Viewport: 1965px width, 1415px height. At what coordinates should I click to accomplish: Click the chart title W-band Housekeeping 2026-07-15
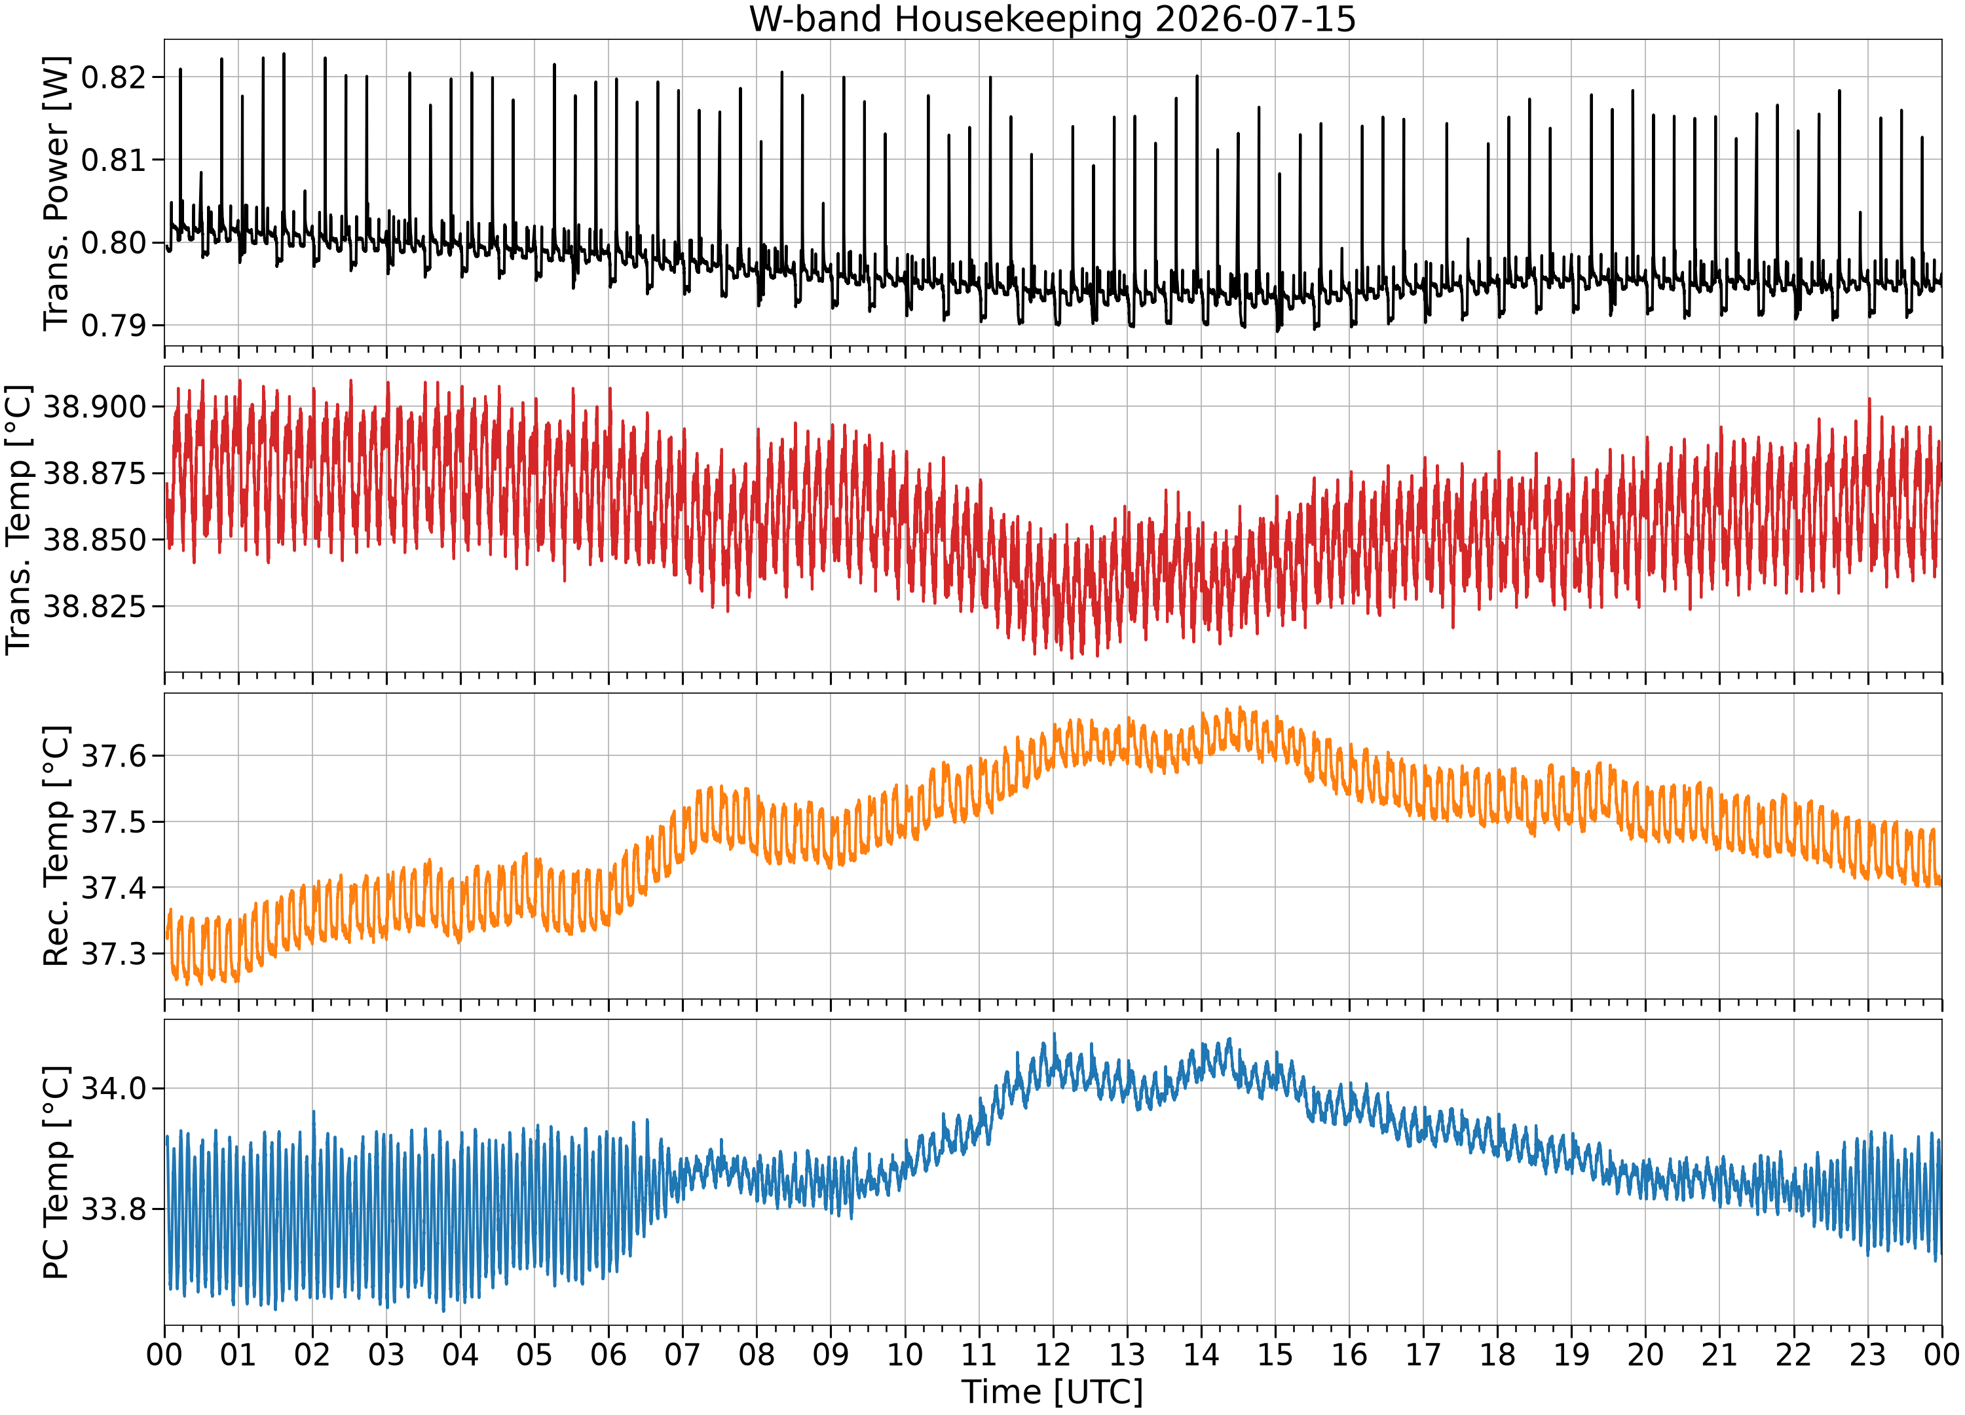click(1053, 19)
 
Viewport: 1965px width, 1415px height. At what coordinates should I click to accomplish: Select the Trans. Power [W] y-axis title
click(56, 193)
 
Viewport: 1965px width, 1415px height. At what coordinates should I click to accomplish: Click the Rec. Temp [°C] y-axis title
click(56, 846)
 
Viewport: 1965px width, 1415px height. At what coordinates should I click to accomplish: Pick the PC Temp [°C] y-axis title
click(56, 1173)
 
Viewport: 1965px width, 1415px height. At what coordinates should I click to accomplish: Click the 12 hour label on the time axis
click(1053, 1354)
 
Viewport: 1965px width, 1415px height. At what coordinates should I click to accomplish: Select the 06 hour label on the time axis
click(608, 1354)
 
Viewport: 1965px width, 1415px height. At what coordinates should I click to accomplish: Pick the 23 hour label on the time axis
click(1868, 1354)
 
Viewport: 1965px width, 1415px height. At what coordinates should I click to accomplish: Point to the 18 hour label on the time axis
click(1497, 1354)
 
